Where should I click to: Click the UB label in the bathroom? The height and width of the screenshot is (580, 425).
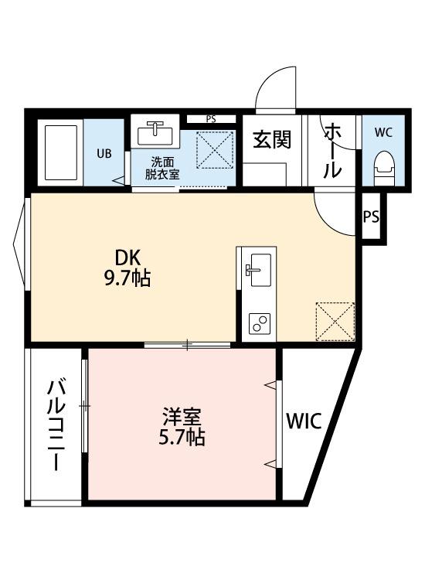coord(104,152)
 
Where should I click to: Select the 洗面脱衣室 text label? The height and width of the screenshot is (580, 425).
coord(163,168)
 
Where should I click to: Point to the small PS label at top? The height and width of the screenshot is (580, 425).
coord(210,119)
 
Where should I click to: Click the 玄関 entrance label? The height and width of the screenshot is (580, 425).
coord(273,140)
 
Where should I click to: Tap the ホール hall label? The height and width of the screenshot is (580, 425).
coord(332,150)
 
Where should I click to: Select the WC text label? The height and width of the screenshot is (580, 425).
coord(383,132)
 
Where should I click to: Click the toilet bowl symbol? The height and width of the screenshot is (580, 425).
coord(383,165)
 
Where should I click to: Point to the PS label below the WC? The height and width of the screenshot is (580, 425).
coord(371,217)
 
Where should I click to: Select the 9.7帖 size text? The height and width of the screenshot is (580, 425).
coord(127,278)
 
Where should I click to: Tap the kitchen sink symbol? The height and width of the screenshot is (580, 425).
coord(258,268)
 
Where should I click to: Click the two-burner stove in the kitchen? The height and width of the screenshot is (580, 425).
coord(258,323)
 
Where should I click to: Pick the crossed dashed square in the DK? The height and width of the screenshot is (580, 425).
coord(335,321)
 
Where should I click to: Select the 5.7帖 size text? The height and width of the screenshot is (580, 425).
coord(182,438)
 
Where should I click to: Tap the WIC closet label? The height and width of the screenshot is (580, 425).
coord(304,421)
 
